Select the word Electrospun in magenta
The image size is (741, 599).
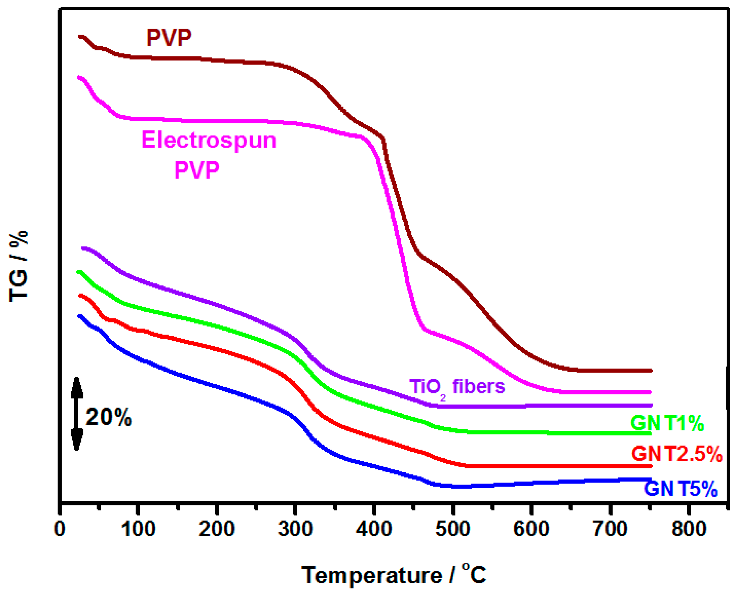pyautogui.click(x=209, y=141)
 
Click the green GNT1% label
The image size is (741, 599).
pyautogui.click(x=667, y=423)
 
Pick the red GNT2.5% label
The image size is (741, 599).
pyautogui.click(x=676, y=454)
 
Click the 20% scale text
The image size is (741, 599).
pyautogui.click(x=108, y=417)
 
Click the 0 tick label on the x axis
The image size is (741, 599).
pyautogui.click(x=60, y=529)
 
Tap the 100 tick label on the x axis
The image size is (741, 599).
pyautogui.click(x=138, y=529)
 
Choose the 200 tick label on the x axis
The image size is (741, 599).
pyautogui.click(x=216, y=529)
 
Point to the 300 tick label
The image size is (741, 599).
pyautogui.click(x=295, y=529)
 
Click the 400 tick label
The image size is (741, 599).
pyautogui.click(x=374, y=529)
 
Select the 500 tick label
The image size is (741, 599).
pyautogui.click(x=452, y=529)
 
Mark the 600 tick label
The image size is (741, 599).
pyautogui.click(x=531, y=529)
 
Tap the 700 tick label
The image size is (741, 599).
pyautogui.click(x=610, y=529)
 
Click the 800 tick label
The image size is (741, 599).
pyautogui.click(x=688, y=529)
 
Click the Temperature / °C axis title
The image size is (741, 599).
pyautogui.click(x=394, y=575)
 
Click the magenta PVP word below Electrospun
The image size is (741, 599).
pyautogui.click(x=197, y=170)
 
